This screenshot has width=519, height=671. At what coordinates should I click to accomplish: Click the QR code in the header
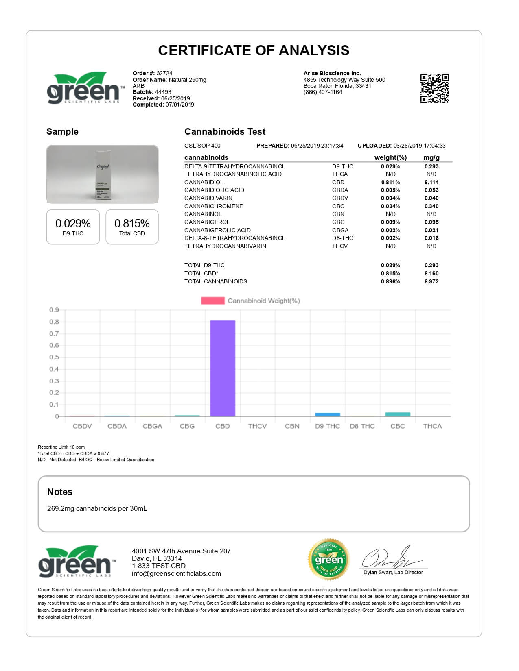pos(435,89)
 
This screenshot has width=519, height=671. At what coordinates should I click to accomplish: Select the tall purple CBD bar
pos(222,368)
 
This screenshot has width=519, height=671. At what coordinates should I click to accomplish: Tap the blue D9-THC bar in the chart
pos(327,414)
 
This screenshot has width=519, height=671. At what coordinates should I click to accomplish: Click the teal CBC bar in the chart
pos(398,414)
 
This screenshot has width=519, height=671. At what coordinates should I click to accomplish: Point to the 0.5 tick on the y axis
pos(54,357)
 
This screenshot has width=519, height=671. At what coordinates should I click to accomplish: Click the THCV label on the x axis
pos(257,426)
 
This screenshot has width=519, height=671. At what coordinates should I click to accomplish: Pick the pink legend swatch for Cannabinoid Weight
pos(212,301)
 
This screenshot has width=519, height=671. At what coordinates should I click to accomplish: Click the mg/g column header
pos(431,157)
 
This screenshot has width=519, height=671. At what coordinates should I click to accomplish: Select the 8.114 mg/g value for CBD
pos(431,182)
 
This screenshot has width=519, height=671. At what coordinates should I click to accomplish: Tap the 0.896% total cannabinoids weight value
pos(390,281)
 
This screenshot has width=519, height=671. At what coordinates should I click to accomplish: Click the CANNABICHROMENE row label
pos(214,206)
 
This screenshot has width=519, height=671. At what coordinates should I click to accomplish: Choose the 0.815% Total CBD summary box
pos(132,227)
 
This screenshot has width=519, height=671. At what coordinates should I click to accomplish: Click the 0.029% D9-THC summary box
pos(73,227)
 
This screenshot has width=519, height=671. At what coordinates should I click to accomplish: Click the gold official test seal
pos(329,560)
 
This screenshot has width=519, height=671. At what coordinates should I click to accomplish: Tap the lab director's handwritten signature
pos(391,558)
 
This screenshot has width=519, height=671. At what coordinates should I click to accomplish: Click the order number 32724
pos(164,74)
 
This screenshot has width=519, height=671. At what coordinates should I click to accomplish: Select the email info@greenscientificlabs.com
pos(176,573)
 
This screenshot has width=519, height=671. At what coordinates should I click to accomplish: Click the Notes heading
pos(60,492)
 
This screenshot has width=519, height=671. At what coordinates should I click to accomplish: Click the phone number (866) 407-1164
pos(323,92)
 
